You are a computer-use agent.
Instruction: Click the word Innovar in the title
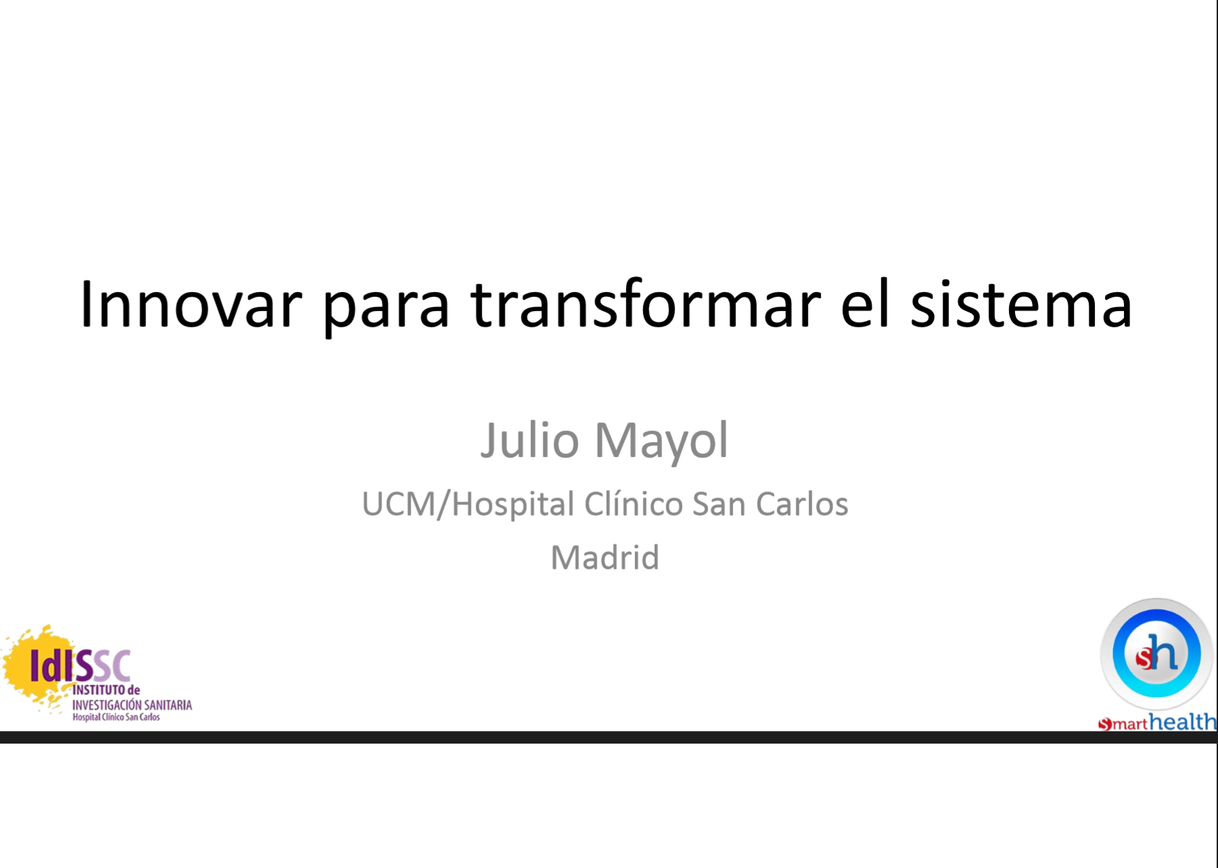click(191, 304)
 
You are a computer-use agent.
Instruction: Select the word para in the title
click(385, 310)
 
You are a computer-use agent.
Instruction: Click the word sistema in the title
click(1021, 304)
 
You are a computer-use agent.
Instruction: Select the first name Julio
click(530, 440)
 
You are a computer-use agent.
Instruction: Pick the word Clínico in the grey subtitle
click(633, 504)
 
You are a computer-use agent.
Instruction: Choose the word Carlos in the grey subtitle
click(802, 504)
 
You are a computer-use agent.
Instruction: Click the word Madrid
click(605, 558)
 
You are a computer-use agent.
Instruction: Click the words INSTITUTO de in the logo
click(106, 690)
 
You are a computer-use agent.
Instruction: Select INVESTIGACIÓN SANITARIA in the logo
click(133, 705)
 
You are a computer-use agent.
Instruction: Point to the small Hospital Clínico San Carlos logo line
click(116, 717)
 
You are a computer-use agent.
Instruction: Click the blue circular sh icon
click(1156, 654)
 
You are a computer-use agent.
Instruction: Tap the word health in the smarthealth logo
click(1183, 721)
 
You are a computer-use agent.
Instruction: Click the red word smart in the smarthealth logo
click(1123, 724)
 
